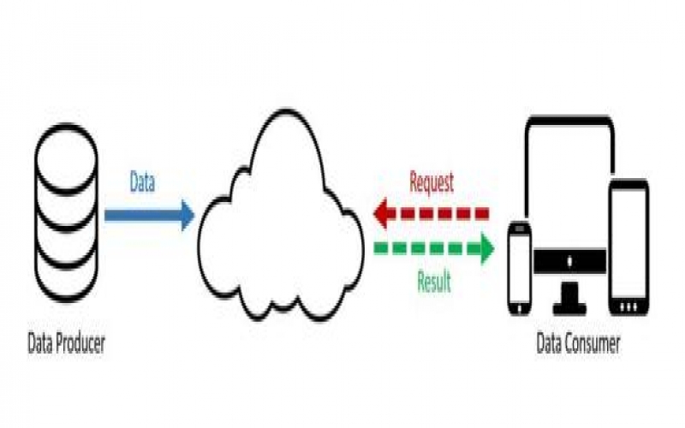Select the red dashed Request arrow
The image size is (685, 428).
click(x=432, y=212)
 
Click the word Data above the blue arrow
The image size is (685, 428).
click(x=142, y=182)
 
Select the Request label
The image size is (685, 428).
click(x=432, y=181)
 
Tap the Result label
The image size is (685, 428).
click(x=434, y=282)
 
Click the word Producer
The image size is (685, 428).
click(x=77, y=345)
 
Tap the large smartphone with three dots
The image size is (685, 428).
click(x=628, y=247)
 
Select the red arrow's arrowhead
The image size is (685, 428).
click(x=382, y=212)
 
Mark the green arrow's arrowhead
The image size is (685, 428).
click(x=486, y=248)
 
